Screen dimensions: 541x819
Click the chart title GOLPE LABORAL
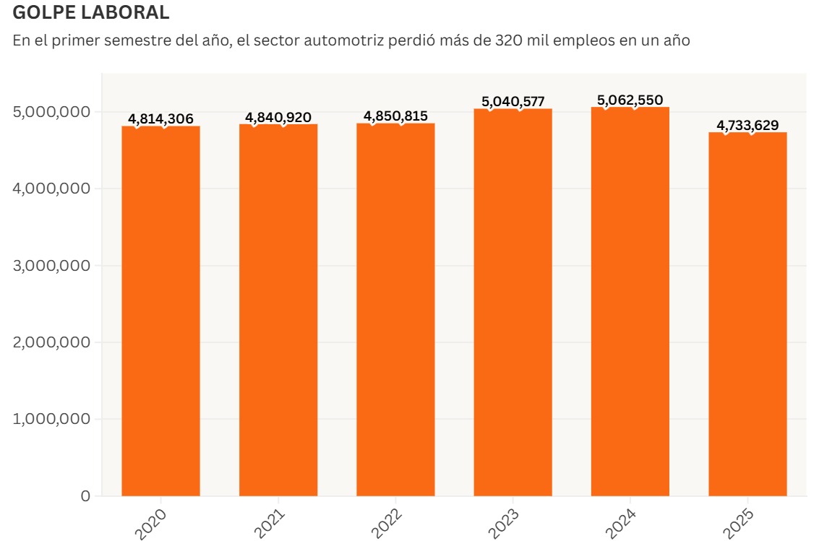tap(92, 12)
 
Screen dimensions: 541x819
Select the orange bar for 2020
tap(160, 311)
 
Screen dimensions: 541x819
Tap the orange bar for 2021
tap(278, 311)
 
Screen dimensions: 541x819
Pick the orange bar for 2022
tap(395, 311)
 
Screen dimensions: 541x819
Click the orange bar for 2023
tap(513, 303)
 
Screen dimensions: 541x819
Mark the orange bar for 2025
tap(747, 314)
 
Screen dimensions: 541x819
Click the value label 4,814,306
tap(160, 119)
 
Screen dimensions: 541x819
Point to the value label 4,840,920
tap(278, 117)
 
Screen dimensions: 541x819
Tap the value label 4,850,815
tap(395, 116)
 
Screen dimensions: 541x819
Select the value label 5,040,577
tap(513, 101)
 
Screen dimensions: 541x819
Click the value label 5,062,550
tap(630, 100)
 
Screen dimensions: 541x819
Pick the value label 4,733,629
tap(747, 126)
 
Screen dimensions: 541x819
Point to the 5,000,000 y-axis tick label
tap(52, 112)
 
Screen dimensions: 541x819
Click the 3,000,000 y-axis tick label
tap(52, 266)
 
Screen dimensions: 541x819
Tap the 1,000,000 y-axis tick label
tap(52, 419)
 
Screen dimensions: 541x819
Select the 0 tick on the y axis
tap(85, 496)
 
